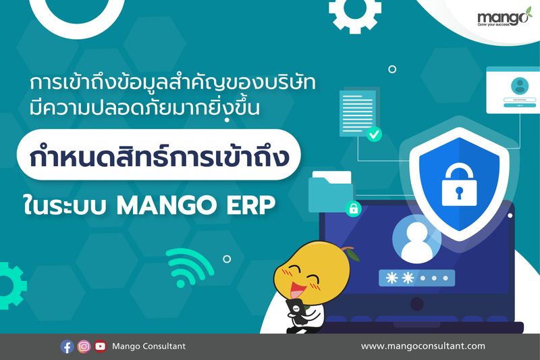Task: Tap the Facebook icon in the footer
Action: click(x=67, y=346)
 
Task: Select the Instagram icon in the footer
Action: click(x=84, y=346)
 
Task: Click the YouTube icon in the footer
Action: click(x=101, y=346)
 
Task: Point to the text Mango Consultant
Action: click(x=149, y=346)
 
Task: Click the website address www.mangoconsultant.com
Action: click(x=423, y=346)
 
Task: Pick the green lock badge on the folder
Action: click(x=352, y=208)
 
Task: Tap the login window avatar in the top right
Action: click(x=519, y=86)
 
